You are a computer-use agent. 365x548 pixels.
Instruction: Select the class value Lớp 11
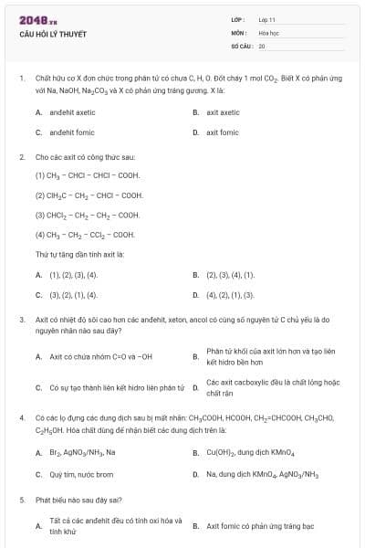(267, 19)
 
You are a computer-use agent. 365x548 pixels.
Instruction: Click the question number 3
(21, 320)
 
